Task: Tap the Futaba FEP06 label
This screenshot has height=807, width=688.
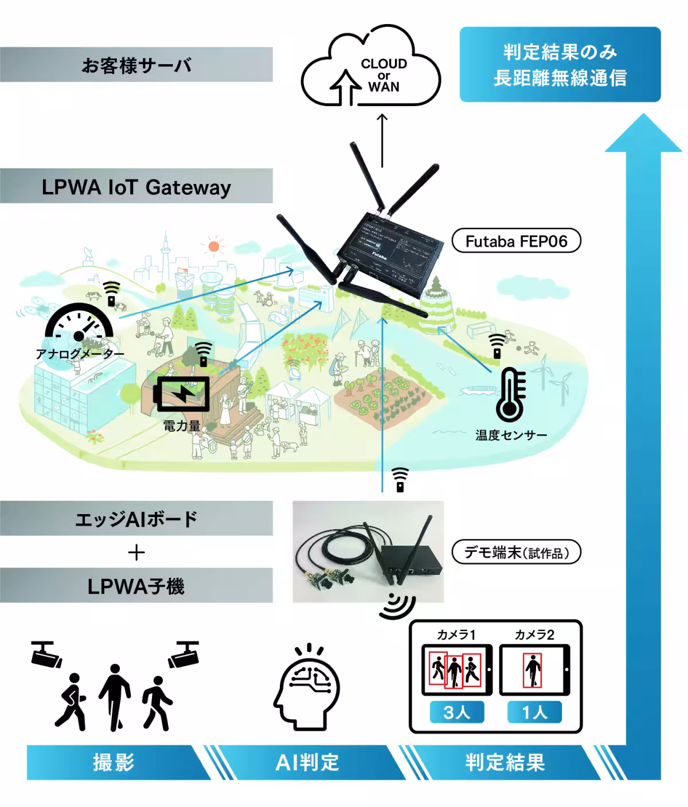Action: click(516, 241)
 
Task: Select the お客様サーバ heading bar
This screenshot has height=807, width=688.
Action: click(136, 65)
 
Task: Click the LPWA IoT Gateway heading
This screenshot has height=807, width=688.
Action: click(136, 187)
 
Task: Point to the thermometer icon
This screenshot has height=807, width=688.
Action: click(510, 395)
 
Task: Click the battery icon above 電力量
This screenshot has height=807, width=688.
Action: click(182, 394)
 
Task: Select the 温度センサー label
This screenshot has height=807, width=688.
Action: click(511, 435)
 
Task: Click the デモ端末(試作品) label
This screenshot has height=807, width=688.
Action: click(516, 553)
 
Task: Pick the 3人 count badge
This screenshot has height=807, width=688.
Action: click(457, 712)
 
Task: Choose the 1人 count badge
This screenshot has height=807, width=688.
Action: click(534, 712)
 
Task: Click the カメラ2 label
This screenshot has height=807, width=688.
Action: click(534, 634)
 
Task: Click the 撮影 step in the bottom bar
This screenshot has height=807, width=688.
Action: click(114, 763)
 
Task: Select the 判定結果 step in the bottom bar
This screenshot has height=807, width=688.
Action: click(505, 763)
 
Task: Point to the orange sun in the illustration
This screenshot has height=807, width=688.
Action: click(214, 247)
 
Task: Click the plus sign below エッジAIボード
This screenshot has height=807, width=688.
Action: click(136, 553)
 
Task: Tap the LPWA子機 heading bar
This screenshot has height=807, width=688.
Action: click(136, 586)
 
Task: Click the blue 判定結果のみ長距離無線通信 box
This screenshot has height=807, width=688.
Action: click(560, 65)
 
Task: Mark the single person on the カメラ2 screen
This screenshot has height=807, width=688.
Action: click(533, 671)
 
